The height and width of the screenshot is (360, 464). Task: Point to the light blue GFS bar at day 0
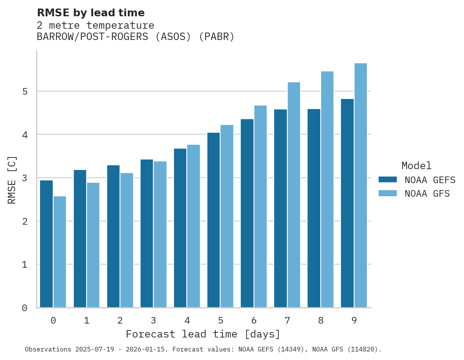60,252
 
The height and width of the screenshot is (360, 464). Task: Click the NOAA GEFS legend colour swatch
388,180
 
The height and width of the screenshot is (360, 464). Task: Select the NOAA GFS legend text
427,194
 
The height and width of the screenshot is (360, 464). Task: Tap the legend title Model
416,166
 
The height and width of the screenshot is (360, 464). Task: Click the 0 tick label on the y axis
24,308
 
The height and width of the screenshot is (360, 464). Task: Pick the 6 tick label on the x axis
254,321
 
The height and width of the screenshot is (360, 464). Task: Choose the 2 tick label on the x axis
120,321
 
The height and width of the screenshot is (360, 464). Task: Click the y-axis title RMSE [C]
12,180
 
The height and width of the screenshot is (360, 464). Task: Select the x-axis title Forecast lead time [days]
203,334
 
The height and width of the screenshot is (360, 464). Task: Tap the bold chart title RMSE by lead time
90,13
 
